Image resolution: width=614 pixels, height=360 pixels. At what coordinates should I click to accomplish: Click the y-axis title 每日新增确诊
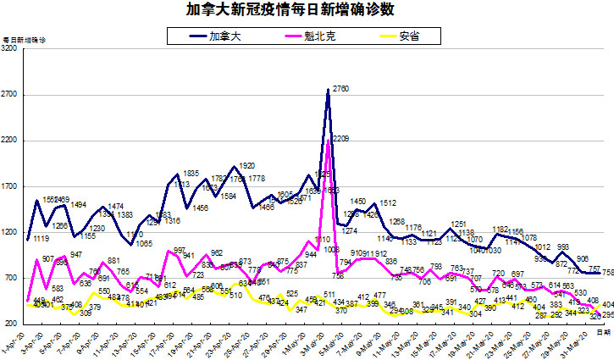coord(24,40)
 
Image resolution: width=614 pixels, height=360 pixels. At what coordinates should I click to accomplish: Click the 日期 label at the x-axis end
coord(602,333)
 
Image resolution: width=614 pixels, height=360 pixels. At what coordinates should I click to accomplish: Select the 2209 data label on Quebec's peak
coord(341,138)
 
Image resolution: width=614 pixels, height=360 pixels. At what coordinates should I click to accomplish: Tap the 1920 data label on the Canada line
coord(246,165)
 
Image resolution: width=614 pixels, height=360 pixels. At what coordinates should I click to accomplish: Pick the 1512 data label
coord(389,202)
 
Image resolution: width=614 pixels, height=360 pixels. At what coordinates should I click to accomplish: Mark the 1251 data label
coord(460,224)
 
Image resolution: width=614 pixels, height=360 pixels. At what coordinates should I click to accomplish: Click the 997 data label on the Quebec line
coord(180,251)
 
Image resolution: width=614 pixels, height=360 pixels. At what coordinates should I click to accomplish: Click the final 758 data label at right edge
coord(607,272)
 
